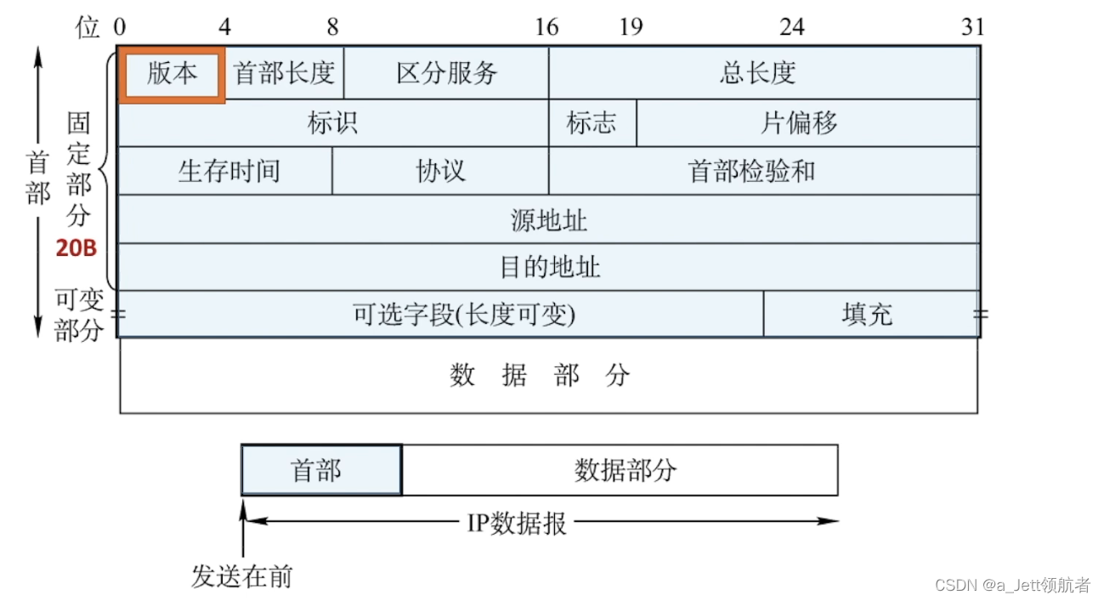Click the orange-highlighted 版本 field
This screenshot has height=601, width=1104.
173,74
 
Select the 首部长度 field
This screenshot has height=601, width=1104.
284,74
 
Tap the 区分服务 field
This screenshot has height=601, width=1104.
446,74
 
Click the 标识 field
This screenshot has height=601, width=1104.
332,123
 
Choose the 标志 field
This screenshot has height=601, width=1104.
592,123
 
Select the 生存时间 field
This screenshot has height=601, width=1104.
225,171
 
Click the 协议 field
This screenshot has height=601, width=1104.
439,171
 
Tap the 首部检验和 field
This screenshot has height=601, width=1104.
762,171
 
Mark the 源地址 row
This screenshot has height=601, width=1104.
548,220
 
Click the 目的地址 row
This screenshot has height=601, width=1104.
548,268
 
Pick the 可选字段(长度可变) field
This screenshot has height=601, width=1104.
440,315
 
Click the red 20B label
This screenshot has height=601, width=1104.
77,249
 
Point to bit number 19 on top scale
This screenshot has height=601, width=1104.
631,27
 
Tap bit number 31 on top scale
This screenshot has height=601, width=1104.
972,27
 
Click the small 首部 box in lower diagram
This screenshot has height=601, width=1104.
321,470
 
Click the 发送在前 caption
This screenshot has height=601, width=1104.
242,577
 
